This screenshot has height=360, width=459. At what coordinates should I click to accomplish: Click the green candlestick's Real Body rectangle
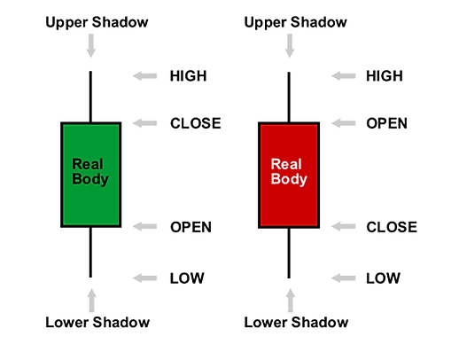[91, 175]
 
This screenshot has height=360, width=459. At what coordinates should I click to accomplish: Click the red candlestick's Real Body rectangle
[289, 175]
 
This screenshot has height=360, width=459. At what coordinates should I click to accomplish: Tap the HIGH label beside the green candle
[188, 76]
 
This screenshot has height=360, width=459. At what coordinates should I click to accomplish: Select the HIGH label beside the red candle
[385, 76]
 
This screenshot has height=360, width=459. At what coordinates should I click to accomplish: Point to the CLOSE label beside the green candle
[196, 123]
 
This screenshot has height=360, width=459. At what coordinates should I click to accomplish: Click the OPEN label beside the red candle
[386, 123]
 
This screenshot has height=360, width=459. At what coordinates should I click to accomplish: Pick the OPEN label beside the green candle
[191, 227]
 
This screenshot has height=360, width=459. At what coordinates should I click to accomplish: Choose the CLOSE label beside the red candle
[392, 227]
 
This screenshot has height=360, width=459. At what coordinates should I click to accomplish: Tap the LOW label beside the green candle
[187, 278]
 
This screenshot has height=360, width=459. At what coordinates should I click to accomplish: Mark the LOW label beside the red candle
[383, 278]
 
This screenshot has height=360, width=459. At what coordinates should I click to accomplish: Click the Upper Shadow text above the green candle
[97, 23]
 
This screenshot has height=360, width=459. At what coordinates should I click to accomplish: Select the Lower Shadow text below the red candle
[296, 322]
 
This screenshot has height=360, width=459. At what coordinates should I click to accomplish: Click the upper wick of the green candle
[90, 97]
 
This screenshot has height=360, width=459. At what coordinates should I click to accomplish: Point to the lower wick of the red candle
[289, 253]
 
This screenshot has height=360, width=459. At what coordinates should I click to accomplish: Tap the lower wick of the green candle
[90, 252]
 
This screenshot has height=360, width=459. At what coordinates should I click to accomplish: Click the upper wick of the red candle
[289, 97]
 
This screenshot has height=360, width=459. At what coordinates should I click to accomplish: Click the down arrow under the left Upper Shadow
[91, 45]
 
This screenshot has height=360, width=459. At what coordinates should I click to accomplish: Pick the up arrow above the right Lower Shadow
[291, 301]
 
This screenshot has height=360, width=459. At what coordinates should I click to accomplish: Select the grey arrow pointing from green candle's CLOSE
[144, 123]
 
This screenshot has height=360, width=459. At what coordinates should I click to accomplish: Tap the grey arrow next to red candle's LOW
[343, 278]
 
